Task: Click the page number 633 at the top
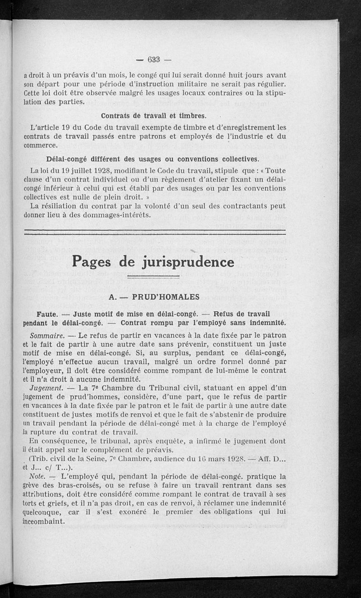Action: click(154, 60)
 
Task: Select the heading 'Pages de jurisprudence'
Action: click(153, 261)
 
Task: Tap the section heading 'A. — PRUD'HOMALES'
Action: click(154, 297)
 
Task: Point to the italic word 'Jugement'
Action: click(46, 388)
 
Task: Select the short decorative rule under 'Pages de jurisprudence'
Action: click(153, 278)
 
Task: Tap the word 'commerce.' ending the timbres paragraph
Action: click(41, 146)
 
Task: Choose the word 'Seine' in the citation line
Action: click(93, 458)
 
